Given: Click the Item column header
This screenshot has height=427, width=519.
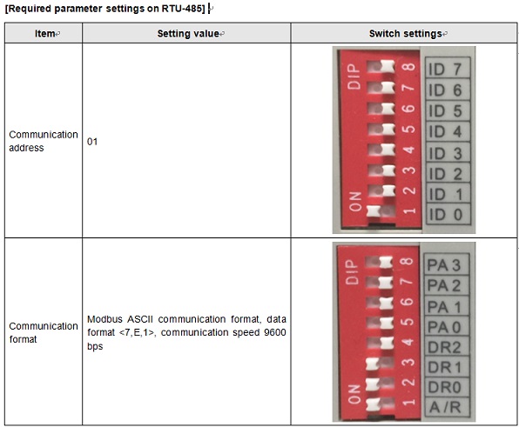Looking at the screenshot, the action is [x=45, y=33].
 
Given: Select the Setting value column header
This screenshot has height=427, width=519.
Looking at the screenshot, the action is [x=188, y=33].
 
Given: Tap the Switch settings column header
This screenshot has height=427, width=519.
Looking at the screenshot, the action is [x=406, y=33].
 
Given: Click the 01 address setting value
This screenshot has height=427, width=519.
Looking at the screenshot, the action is [x=92, y=142].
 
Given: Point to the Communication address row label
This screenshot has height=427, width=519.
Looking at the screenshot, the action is [x=44, y=141].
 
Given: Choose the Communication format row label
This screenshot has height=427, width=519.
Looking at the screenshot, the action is [x=44, y=332].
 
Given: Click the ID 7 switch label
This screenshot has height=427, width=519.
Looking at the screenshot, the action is [x=445, y=69].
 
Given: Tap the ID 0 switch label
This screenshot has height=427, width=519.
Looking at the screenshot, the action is [x=446, y=215].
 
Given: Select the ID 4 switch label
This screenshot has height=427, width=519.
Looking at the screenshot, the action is [x=445, y=132].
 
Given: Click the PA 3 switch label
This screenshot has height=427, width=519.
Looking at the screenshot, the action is [x=444, y=265].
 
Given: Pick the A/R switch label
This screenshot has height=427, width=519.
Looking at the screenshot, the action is [x=445, y=407].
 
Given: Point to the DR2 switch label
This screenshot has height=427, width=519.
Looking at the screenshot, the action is [x=444, y=347].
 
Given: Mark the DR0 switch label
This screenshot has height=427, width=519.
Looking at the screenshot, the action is [x=444, y=387].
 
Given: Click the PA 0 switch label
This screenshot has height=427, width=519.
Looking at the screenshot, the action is [x=444, y=327].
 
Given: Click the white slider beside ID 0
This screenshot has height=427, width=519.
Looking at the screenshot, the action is [x=374, y=210].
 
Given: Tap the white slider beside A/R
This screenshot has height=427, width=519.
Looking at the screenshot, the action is [x=373, y=404].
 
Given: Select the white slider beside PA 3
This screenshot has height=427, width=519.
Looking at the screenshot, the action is [x=386, y=263].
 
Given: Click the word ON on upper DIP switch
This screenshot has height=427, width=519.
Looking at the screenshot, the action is [x=355, y=202].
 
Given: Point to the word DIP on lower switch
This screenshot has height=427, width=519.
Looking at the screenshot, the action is [x=352, y=271].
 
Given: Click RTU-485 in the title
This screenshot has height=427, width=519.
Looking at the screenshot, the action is [x=183, y=9].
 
